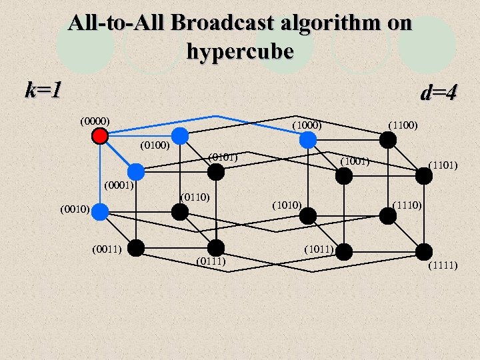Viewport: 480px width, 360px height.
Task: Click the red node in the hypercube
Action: click(100, 136)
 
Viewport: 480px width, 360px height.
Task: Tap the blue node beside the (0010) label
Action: click(100, 212)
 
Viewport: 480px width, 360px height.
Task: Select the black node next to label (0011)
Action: click(136, 248)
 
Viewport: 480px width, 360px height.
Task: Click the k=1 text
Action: click(43, 89)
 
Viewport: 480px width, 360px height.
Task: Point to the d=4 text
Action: click(439, 92)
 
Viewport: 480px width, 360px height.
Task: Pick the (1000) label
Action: click(307, 125)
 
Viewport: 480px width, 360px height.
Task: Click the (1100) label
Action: click(403, 125)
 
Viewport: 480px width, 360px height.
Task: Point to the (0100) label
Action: click(155, 145)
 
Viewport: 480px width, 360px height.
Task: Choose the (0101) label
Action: click(223, 157)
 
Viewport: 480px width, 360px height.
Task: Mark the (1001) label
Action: click(355, 161)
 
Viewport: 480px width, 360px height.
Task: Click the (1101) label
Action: click(442, 163)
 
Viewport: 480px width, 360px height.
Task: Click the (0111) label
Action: click(211, 260)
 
